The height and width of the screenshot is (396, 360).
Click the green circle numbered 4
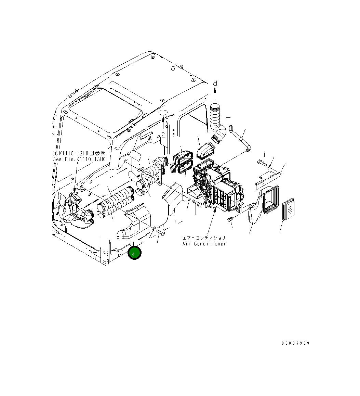[x=134, y=253]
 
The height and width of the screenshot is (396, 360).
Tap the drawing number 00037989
[x=295, y=343]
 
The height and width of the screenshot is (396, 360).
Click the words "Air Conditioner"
[x=204, y=244]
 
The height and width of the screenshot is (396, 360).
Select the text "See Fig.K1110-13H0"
[x=79, y=159]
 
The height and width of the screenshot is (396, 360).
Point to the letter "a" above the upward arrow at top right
[x=215, y=82]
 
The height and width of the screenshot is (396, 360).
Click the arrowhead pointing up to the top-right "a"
[x=215, y=90]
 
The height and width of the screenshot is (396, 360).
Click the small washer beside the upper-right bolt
[x=270, y=167]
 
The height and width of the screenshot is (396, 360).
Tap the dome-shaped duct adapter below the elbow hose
[x=206, y=151]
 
